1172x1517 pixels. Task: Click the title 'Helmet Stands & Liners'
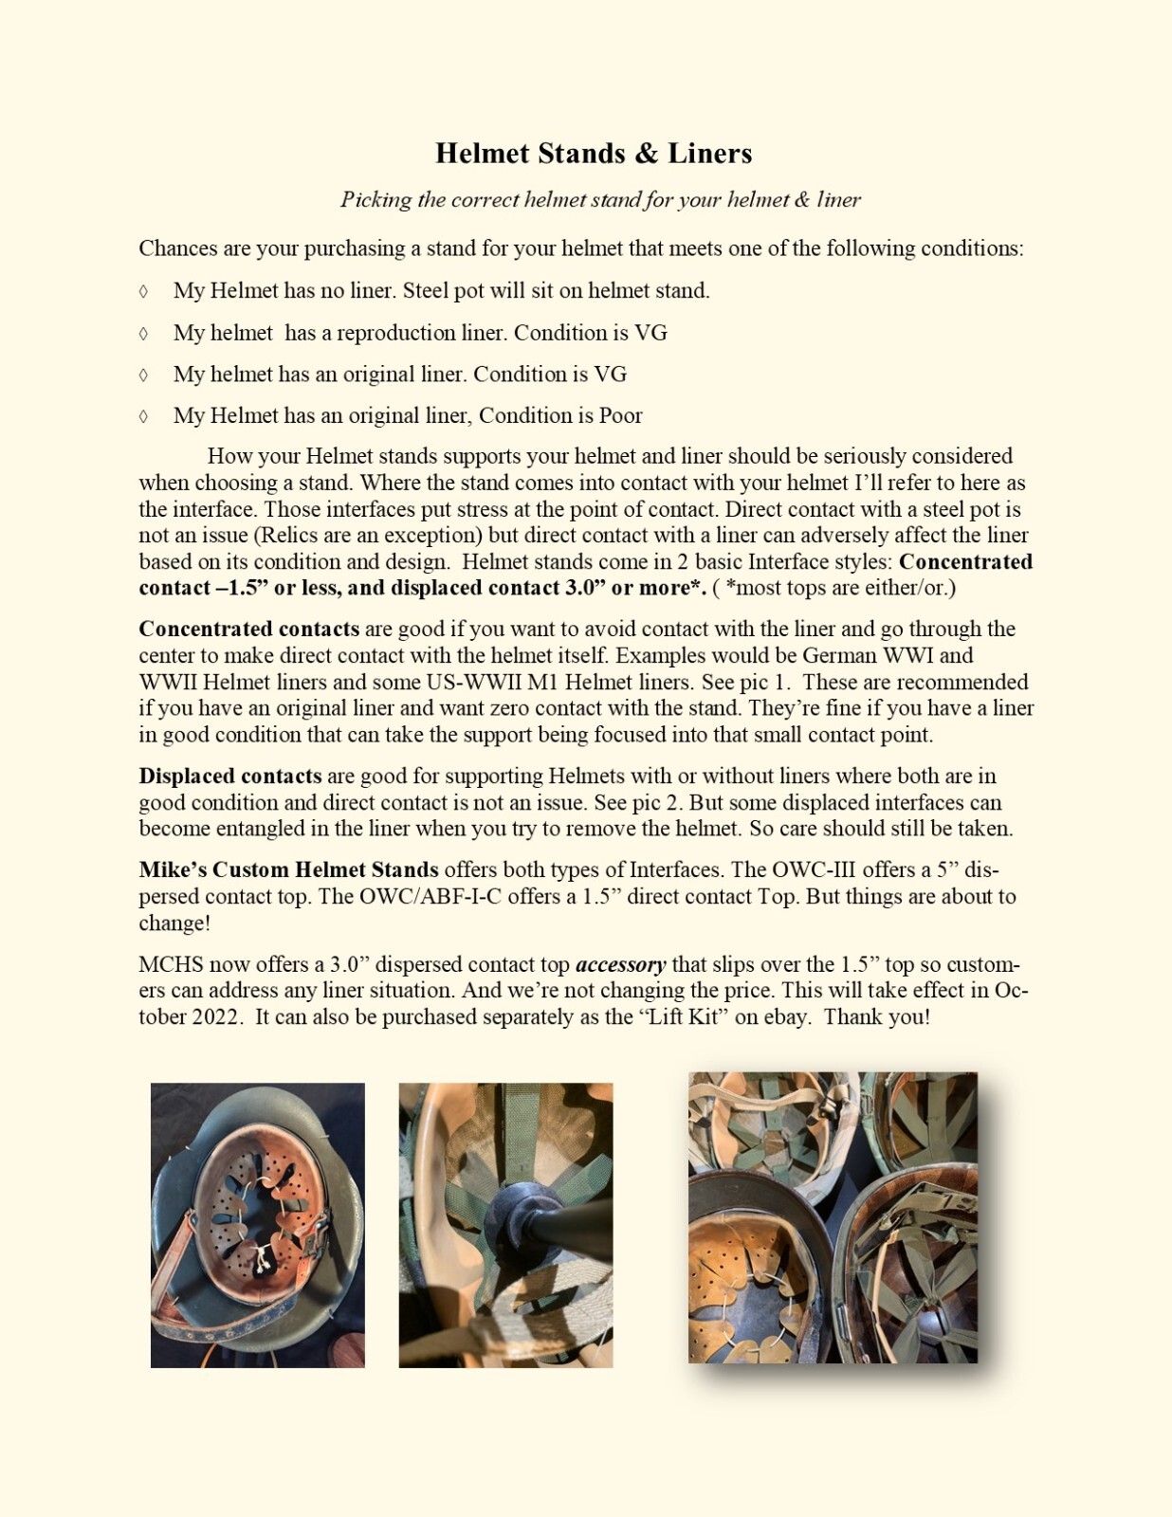point(594,154)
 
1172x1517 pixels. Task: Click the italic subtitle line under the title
point(600,200)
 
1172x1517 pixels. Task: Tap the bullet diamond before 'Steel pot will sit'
point(143,291)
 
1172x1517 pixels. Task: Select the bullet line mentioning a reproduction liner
point(420,333)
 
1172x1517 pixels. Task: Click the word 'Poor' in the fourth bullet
point(620,415)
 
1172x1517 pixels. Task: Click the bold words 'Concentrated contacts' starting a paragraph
point(248,629)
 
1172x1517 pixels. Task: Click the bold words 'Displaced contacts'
point(229,776)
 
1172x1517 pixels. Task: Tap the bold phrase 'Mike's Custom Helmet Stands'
point(288,869)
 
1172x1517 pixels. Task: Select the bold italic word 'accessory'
point(620,964)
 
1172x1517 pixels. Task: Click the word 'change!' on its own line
point(174,923)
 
